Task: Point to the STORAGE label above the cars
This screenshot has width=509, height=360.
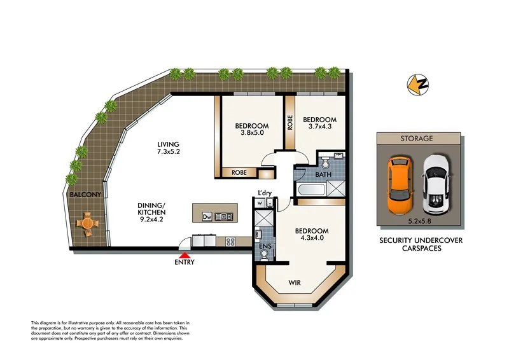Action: [417, 137]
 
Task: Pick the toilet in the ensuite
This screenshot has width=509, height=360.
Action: [265, 254]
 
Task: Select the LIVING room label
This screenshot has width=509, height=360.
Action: [169, 144]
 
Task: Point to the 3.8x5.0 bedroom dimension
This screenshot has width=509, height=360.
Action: [251, 134]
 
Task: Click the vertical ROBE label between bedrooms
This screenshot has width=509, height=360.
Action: [290, 121]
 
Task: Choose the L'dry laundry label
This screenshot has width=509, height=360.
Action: [265, 193]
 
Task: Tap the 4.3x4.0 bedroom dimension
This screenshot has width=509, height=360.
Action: [312, 239]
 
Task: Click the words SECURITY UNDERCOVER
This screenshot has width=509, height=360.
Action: [421, 240]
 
